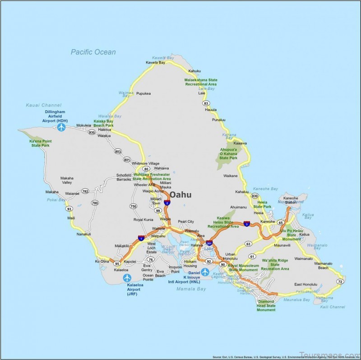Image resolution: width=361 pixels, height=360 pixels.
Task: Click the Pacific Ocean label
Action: (93, 52)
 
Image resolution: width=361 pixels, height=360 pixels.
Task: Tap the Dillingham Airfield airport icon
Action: (62, 127)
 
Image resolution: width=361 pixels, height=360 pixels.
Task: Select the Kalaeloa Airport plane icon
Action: (127, 277)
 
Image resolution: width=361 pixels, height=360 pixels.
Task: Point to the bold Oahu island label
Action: (180, 194)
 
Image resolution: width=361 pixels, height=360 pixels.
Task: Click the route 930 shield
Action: (92, 133)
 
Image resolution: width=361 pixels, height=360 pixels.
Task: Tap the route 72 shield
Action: (340, 282)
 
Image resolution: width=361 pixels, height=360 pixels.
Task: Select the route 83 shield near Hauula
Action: (205, 103)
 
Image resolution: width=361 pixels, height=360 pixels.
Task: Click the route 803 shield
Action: (117, 152)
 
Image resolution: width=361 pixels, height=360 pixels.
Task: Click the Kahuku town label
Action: (194, 71)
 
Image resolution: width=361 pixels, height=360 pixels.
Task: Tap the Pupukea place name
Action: (143, 93)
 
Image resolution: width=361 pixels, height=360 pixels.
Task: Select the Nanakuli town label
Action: (84, 234)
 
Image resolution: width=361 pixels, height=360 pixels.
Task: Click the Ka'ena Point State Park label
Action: (40, 143)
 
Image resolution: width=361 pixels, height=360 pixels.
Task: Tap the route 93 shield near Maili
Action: (69, 209)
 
